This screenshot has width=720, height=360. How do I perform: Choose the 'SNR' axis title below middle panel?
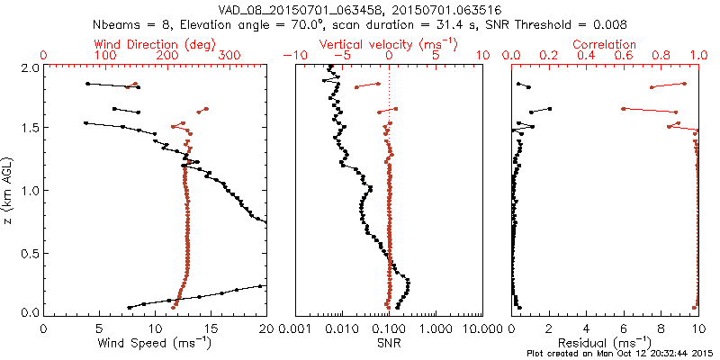389,342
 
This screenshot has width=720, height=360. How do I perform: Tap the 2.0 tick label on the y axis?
31,68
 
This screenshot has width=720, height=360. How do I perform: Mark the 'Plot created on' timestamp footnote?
622,353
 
